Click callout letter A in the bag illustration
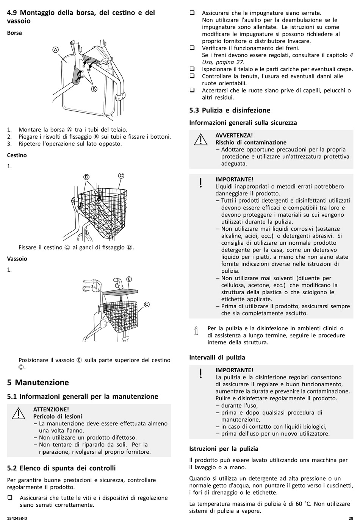55,50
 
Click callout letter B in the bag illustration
94,89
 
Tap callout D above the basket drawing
86,177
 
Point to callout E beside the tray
129,279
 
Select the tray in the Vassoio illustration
121,291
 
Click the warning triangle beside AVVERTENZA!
201,140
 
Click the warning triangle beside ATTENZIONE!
19,414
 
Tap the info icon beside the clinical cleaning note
196,331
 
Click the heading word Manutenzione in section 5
42,383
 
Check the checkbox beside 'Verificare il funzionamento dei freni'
192,48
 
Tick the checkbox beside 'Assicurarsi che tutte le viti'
10,497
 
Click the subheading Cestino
17,155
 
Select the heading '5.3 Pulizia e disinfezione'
230,110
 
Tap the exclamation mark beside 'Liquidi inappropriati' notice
201,183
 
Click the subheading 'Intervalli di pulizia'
217,357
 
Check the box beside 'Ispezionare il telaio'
192,69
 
